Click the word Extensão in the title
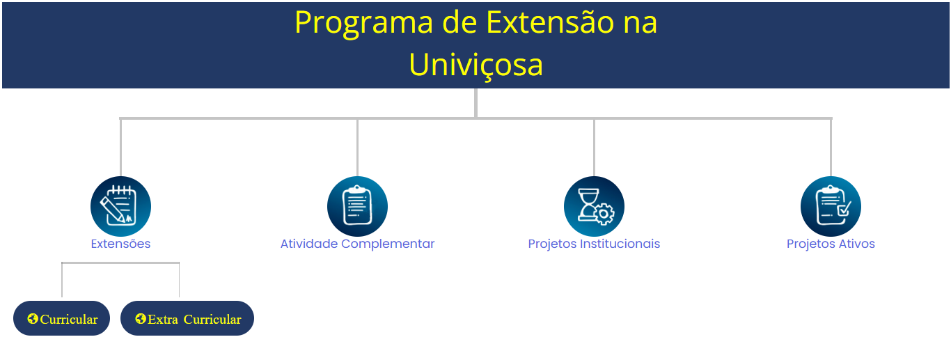click(x=550, y=22)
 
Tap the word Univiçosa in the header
click(x=476, y=65)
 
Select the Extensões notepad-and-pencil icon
click(x=120, y=206)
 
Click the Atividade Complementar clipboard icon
click(x=357, y=206)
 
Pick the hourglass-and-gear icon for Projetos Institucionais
click(x=594, y=206)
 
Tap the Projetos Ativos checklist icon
click(x=831, y=206)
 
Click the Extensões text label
click(x=120, y=244)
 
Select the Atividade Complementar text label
click(x=357, y=244)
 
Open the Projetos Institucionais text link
click(x=594, y=244)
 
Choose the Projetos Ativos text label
click(x=831, y=244)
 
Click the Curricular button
click(x=61, y=318)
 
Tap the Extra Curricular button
click(x=187, y=318)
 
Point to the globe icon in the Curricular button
click(x=33, y=319)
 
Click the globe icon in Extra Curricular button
click(x=141, y=319)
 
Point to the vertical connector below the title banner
click(x=476, y=103)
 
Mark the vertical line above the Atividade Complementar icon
click(x=357, y=148)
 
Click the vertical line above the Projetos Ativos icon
click(x=831, y=148)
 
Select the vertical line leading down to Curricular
click(x=62, y=280)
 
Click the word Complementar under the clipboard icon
click(x=388, y=244)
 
